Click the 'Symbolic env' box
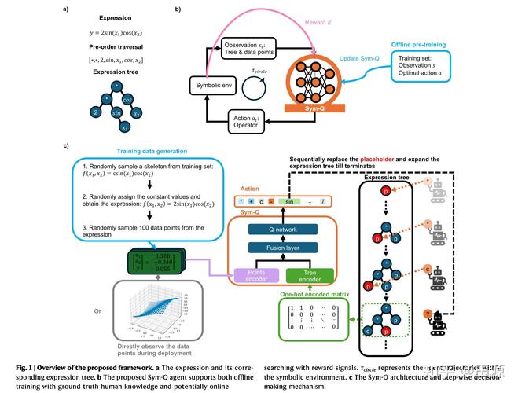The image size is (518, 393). [213, 84]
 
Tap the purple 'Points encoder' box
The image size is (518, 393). [249, 276]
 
